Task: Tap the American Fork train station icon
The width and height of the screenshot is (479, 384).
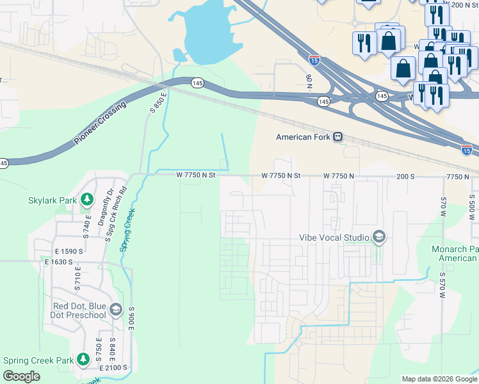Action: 337,137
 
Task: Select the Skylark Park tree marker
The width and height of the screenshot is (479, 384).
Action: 86,200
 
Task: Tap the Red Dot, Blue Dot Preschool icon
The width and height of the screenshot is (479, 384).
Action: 115,310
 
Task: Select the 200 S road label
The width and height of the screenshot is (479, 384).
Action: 406,175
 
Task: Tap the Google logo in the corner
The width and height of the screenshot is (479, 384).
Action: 21,376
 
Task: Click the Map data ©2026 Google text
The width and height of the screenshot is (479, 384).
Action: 439,379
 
